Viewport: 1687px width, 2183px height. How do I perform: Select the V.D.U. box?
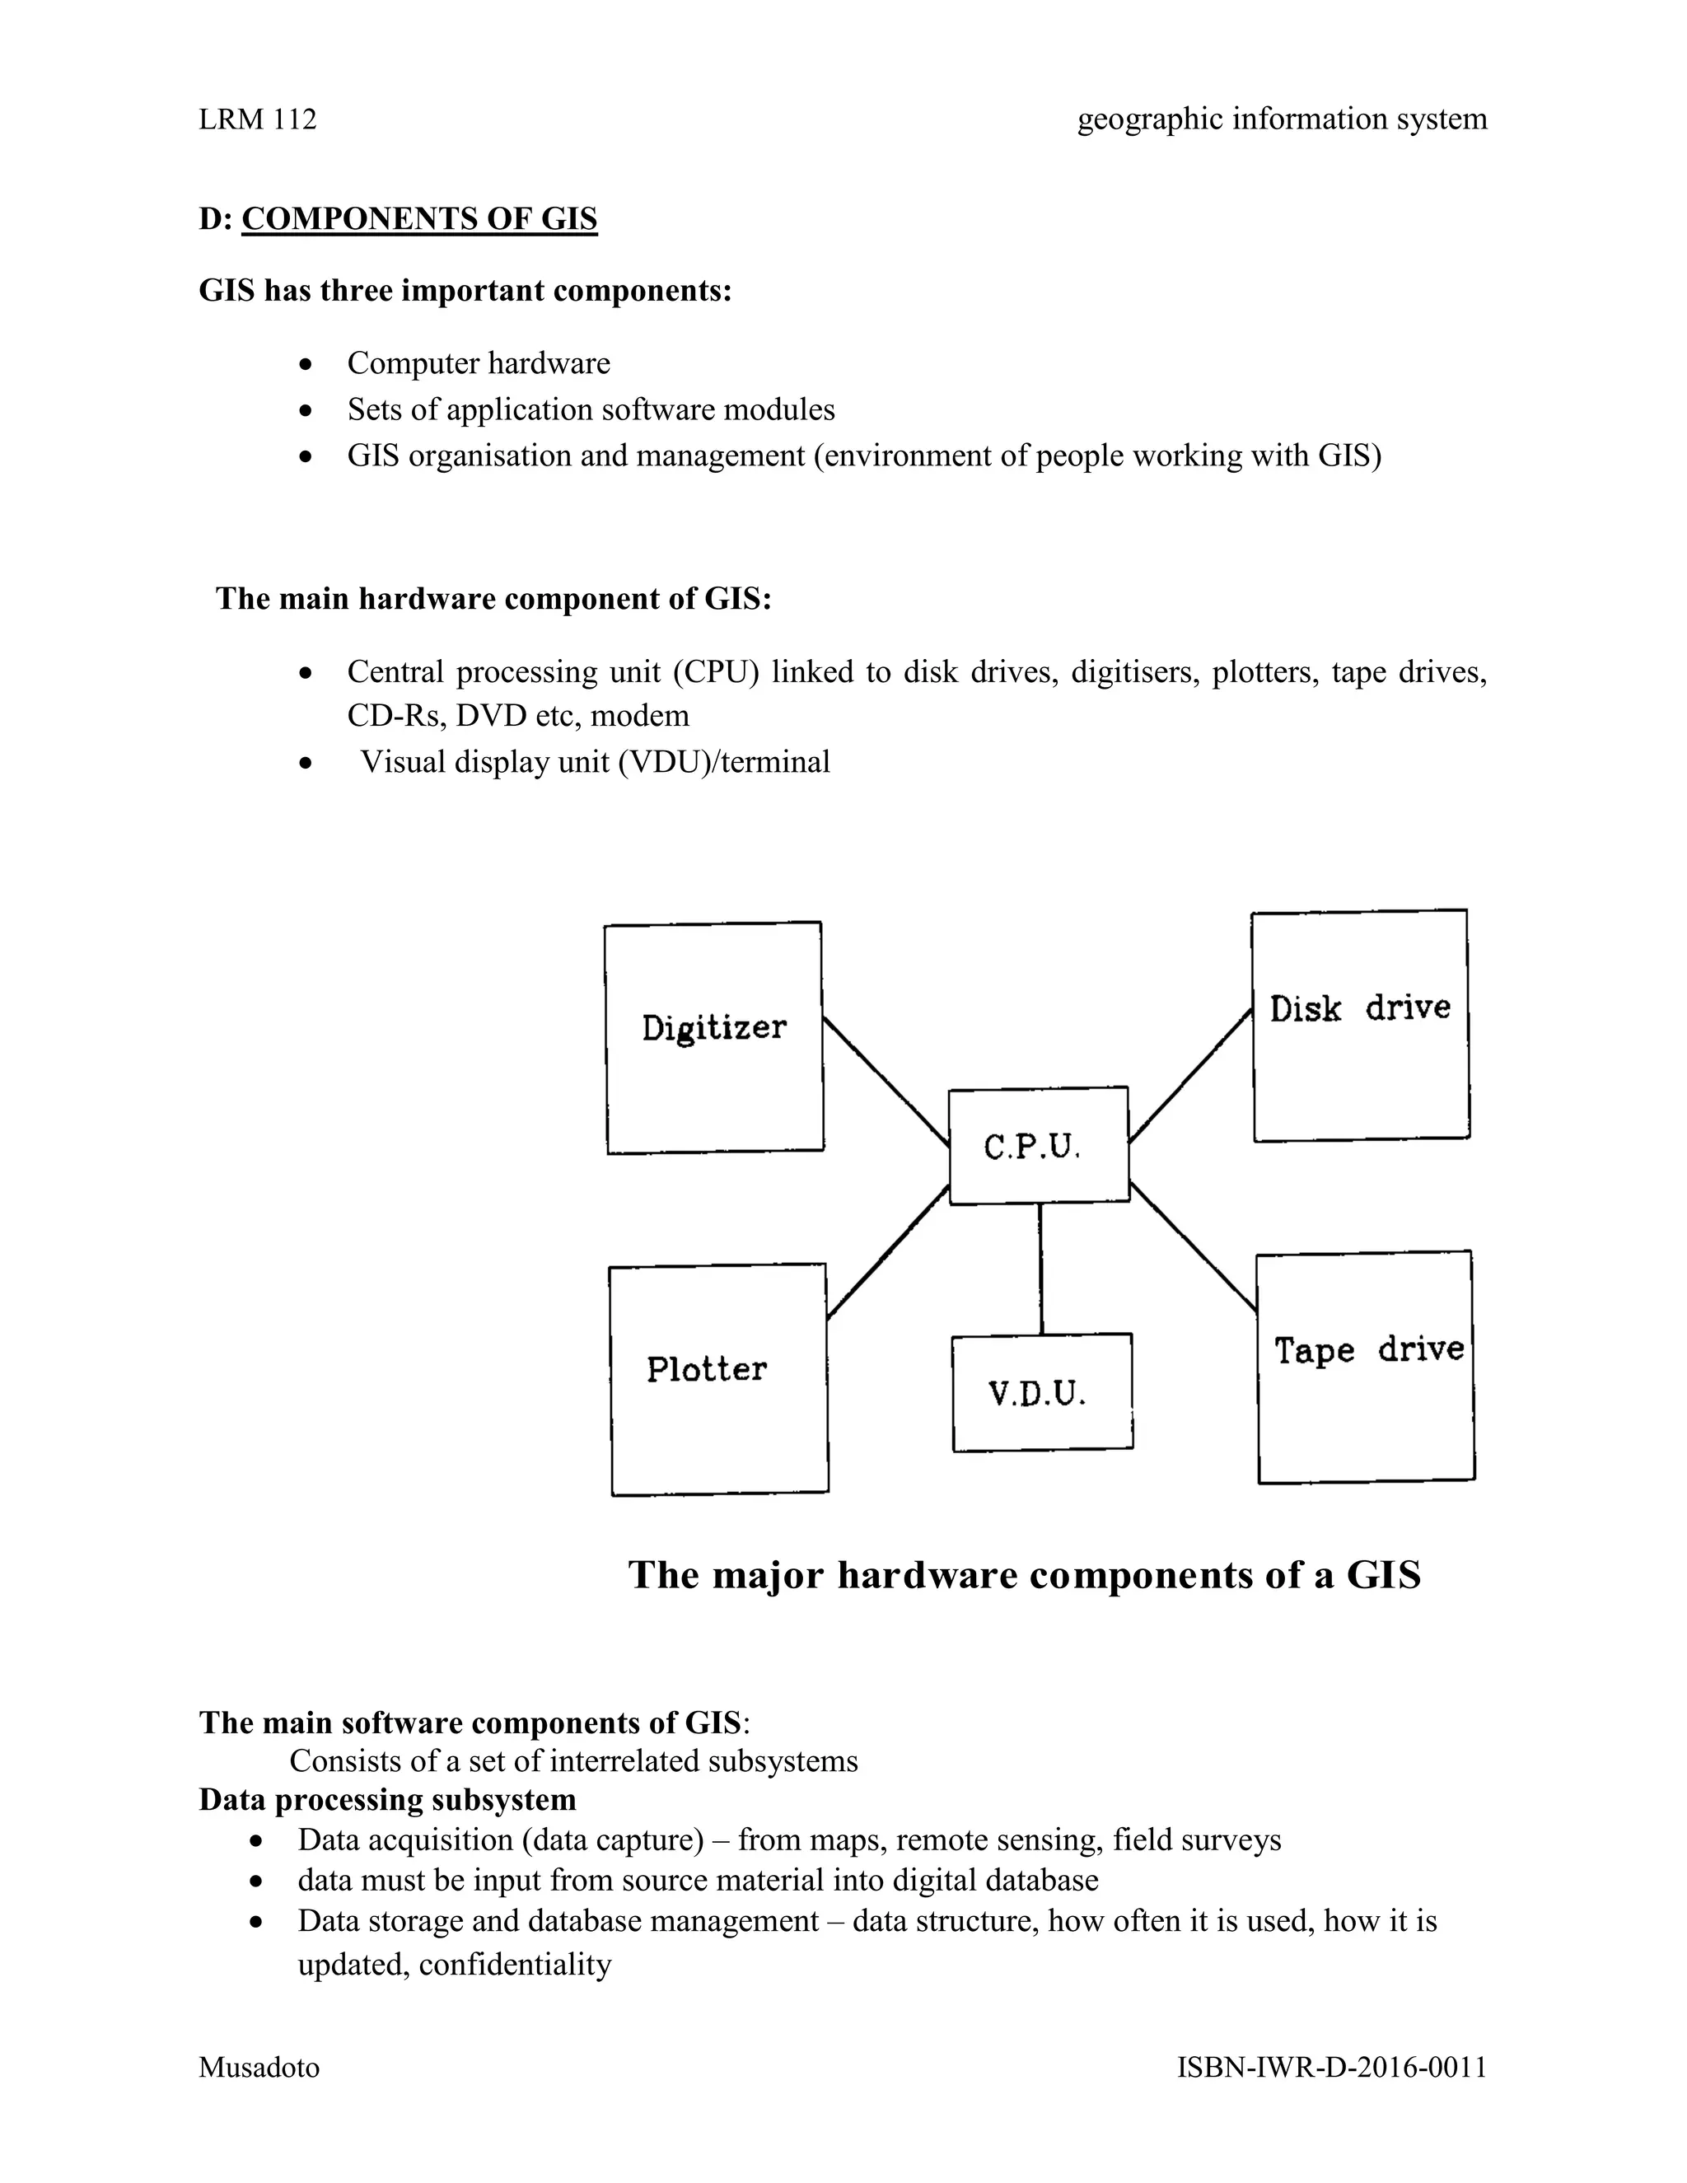point(1041,1391)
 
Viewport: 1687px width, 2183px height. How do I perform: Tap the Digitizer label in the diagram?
point(713,1027)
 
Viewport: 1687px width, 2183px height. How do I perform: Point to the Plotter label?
point(707,1368)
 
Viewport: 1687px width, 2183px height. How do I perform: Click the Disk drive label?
point(1359,1007)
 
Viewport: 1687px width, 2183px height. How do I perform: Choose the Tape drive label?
point(1367,1349)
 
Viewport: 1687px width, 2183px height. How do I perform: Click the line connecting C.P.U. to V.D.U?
point(1040,1269)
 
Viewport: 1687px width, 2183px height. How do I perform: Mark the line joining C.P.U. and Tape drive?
point(1194,1246)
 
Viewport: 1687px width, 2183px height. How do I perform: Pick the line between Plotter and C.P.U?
point(887,1251)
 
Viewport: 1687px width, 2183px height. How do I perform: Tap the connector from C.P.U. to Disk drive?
point(1190,1076)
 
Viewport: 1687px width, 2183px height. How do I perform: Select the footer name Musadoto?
point(259,2067)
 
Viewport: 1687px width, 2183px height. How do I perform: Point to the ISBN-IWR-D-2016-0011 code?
point(1331,2067)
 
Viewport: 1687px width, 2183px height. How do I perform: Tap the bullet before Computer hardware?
point(306,364)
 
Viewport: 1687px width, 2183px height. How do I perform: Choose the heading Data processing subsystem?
point(387,1799)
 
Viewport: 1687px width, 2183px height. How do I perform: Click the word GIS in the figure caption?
point(1383,1575)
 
